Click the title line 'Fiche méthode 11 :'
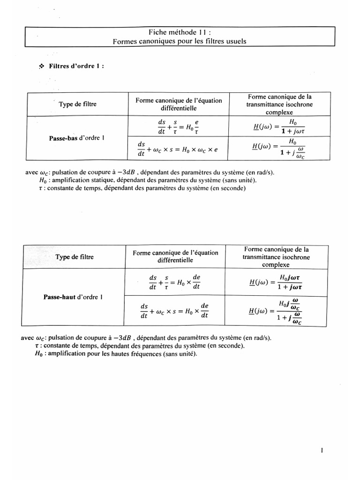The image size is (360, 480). [180, 32]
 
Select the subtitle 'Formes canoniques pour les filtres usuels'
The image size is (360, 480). [180, 41]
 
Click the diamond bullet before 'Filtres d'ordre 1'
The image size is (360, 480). [41, 67]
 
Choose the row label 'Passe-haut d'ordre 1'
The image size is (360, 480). [75, 297]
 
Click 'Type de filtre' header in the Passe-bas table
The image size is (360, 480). [78, 104]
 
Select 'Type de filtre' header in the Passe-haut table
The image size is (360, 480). [75, 257]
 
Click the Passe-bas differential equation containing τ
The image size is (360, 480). [178, 127]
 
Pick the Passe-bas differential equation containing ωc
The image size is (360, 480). [178, 149]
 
